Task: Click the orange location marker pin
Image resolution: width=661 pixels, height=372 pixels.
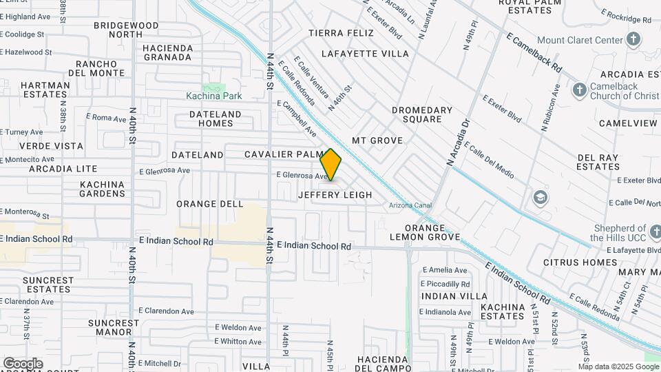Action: [x=331, y=165]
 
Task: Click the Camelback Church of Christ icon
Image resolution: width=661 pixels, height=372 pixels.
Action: [x=579, y=90]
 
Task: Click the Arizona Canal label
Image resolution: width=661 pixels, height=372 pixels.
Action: [x=410, y=205]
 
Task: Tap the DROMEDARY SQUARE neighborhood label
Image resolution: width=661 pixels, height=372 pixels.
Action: [x=422, y=114]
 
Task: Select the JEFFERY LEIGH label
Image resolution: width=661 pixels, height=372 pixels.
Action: [x=335, y=195]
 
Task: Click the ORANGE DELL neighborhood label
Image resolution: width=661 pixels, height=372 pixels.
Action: [x=210, y=204]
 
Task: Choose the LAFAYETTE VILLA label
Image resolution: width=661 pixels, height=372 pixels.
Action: [x=365, y=53]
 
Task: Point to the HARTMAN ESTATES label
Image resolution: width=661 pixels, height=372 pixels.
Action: [x=45, y=90]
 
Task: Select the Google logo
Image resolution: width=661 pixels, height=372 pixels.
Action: [x=23, y=364]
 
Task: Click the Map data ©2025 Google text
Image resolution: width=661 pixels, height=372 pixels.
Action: [x=618, y=366]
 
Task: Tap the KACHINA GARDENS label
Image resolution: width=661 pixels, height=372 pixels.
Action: [x=102, y=189]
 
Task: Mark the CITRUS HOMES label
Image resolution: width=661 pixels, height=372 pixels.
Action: [x=580, y=262]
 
